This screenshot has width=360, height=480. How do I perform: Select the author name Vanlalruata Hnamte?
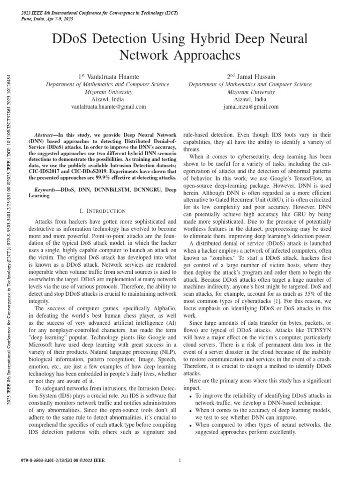pyautogui.click(x=112, y=76)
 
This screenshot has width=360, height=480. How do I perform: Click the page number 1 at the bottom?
pyautogui.click(x=180, y=460)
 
